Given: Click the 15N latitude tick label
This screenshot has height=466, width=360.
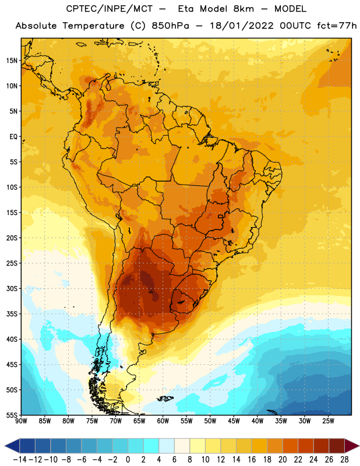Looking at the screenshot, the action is (x=12, y=61).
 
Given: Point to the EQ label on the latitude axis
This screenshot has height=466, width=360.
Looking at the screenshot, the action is (x=13, y=137).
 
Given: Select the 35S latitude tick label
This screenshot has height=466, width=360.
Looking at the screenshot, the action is (x=12, y=314).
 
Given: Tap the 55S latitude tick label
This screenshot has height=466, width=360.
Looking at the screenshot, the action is (x=12, y=415).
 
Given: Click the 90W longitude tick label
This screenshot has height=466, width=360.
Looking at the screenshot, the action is (x=21, y=421).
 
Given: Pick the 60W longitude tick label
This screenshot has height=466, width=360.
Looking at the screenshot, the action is (x=163, y=421).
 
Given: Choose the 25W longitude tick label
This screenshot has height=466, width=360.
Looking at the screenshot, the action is (x=328, y=421).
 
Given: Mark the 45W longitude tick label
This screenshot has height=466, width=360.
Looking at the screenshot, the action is (x=234, y=421).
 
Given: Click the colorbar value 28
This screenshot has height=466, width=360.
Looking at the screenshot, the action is (x=344, y=460).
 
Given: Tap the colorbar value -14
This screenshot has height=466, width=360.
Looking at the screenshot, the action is (x=20, y=460).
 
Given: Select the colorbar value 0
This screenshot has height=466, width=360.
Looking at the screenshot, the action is (x=128, y=460).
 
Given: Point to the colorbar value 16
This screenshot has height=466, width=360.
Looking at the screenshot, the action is (x=252, y=460).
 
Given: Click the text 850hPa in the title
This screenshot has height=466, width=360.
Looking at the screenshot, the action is (x=170, y=26).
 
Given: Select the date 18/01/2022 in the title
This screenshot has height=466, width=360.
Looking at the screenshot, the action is (x=241, y=26).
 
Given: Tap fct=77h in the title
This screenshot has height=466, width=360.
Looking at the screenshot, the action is (x=337, y=26).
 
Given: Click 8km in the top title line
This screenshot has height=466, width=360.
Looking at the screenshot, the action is (x=243, y=9).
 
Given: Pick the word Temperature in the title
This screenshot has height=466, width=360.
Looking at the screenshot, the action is (x=93, y=26).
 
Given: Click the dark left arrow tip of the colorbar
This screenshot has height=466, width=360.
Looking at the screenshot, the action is (x=6, y=446).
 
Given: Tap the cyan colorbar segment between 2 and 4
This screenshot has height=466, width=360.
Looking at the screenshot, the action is (x=151, y=446).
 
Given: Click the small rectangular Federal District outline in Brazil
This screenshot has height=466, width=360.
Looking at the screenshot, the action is (x=221, y=216).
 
